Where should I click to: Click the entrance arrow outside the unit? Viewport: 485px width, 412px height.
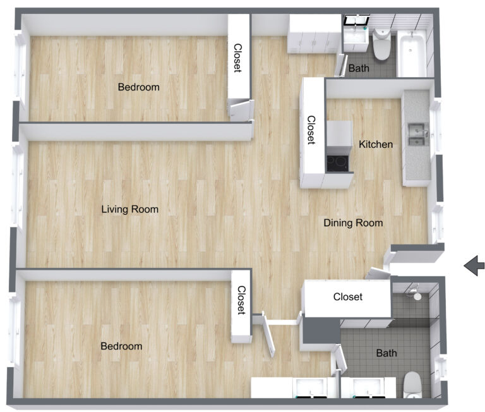tap(474, 266)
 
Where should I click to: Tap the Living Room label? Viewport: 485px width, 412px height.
tap(130, 209)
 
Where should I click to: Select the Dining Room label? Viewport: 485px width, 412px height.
tap(353, 223)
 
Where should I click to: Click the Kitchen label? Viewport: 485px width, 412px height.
tap(376, 145)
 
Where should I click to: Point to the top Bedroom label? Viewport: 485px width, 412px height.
tap(139, 87)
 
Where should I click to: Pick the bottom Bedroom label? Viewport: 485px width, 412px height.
tap(122, 346)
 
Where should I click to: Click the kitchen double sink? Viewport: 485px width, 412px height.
tap(416, 135)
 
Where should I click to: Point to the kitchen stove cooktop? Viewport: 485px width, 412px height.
tap(339, 162)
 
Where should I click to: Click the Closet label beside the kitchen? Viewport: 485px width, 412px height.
tap(311, 130)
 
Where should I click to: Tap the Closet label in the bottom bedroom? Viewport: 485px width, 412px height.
tap(241, 300)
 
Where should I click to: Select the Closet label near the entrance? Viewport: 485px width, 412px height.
tap(348, 296)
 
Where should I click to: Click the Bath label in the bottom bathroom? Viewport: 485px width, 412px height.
tap(386, 353)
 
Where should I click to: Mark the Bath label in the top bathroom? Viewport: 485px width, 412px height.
tap(359, 68)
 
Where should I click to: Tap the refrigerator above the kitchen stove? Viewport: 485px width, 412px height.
tap(339, 134)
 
